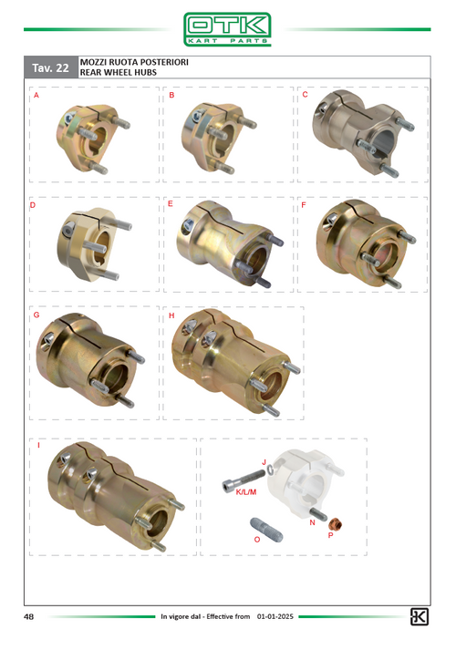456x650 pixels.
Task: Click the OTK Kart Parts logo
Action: coord(227,29)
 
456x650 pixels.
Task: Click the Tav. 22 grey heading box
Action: coord(51,67)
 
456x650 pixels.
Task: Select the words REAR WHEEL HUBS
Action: coord(119,72)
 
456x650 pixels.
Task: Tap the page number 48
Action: coord(28,617)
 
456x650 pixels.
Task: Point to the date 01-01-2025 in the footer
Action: coord(275,616)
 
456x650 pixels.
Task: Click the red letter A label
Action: coord(36,96)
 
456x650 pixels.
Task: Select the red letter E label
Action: coord(170,204)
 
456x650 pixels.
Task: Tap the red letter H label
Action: coord(171,315)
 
